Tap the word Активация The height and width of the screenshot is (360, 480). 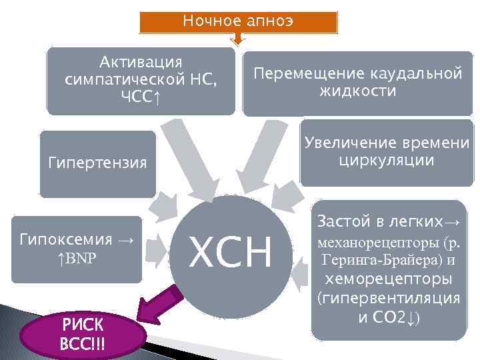point(141,63)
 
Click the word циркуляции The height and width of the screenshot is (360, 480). point(387,161)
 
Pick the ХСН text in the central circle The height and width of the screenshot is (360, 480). point(231,253)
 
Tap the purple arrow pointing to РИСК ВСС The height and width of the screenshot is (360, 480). point(159,301)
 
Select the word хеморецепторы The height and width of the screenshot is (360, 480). point(389,278)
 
